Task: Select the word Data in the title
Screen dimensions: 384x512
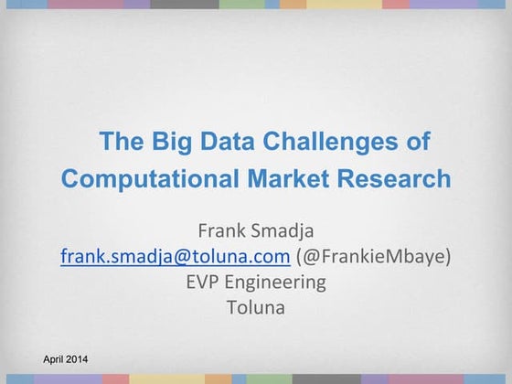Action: tap(219, 142)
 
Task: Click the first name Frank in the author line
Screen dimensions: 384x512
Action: tap(223, 229)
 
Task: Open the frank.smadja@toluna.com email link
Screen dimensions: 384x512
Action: tap(176, 255)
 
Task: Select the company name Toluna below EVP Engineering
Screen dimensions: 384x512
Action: tap(255, 307)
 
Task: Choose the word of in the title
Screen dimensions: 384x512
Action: tap(417, 142)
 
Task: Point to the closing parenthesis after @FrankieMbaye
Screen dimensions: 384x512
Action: tap(448, 255)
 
